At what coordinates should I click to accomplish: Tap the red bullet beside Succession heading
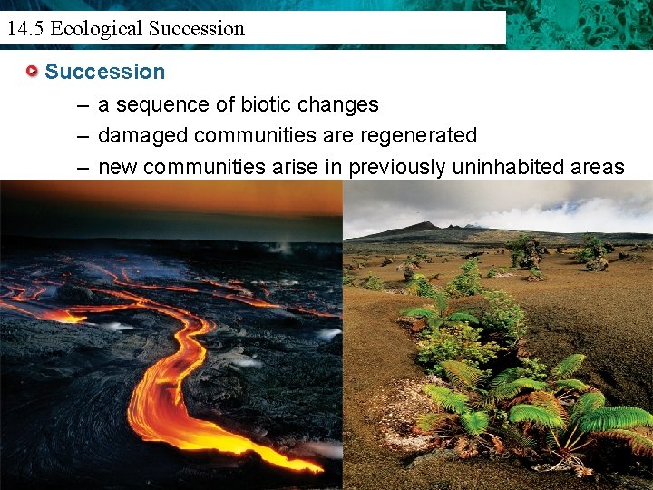[x=33, y=72]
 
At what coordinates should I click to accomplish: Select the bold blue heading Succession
[x=105, y=72]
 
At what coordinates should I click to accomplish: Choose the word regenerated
[x=420, y=136]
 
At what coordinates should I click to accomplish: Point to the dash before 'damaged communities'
[x=83, y=136]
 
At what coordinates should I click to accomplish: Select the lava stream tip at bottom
[x=313, y=467]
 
